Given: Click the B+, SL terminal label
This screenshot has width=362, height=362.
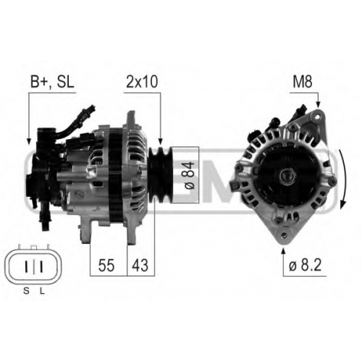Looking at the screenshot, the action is [52, 82].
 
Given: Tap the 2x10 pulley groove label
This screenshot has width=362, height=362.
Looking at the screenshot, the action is [142, 82].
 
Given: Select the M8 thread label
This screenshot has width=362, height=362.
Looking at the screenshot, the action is [303, 82].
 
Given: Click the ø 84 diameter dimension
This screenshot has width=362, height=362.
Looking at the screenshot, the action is [190, 175].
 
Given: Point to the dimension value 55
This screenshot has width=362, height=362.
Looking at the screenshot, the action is [106, 265].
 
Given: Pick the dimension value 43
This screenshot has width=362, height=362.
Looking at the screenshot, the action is [140, 265].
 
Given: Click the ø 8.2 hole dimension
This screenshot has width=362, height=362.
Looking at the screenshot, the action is [305, 265].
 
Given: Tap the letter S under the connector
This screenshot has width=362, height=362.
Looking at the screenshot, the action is [26, 291].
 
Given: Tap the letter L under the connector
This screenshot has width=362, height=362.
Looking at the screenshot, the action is [42, 291].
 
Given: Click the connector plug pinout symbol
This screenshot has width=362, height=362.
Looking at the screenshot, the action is [34, 266].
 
